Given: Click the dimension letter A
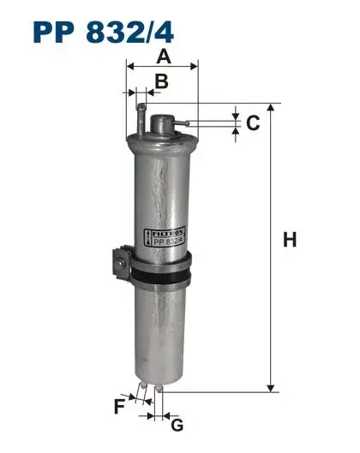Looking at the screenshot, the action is [x=164, y=57].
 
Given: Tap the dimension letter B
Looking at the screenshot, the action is [x=162, y=81].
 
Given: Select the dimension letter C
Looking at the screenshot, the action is [x=253, y=123].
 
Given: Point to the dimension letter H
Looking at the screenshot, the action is [x=290, y=240].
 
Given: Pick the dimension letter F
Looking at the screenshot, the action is [x=119, y=407].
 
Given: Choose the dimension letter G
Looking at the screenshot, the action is [x=177, y=426].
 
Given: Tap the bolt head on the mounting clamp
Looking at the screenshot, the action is [x=120, y=263].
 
